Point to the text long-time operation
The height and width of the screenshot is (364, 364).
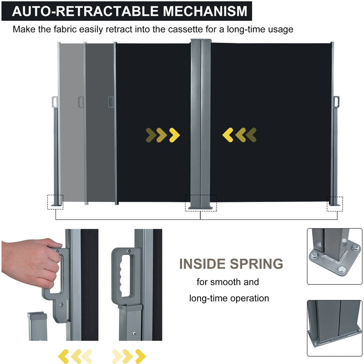click(229, 298)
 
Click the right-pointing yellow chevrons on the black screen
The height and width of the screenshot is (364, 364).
click(163, 135)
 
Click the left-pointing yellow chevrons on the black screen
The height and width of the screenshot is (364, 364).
click(239, 135)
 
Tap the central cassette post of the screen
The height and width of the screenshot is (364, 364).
click(201, 123)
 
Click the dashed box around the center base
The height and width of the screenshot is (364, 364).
click(201, 203)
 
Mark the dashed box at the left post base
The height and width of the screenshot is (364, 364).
click(56, 202)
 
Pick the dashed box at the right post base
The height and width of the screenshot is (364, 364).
click(334, 204)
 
